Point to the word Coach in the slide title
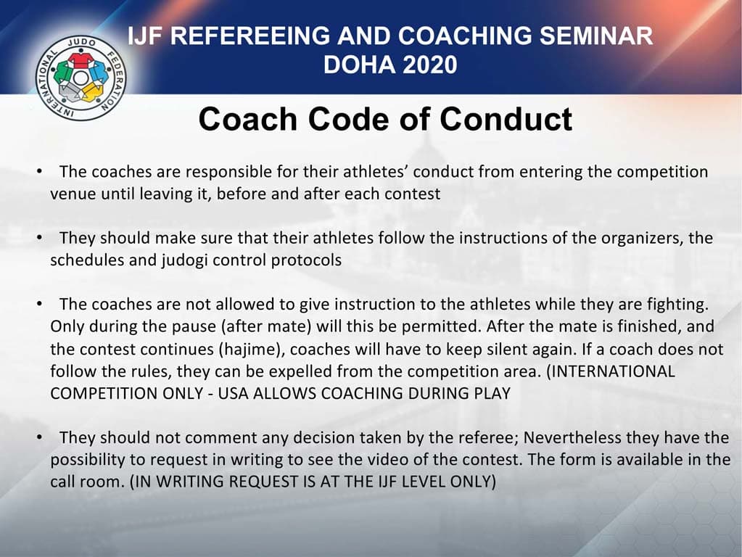point(240,119)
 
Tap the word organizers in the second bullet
point(632,238)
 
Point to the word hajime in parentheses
point(255,349)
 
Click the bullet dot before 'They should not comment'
point(41,437)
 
